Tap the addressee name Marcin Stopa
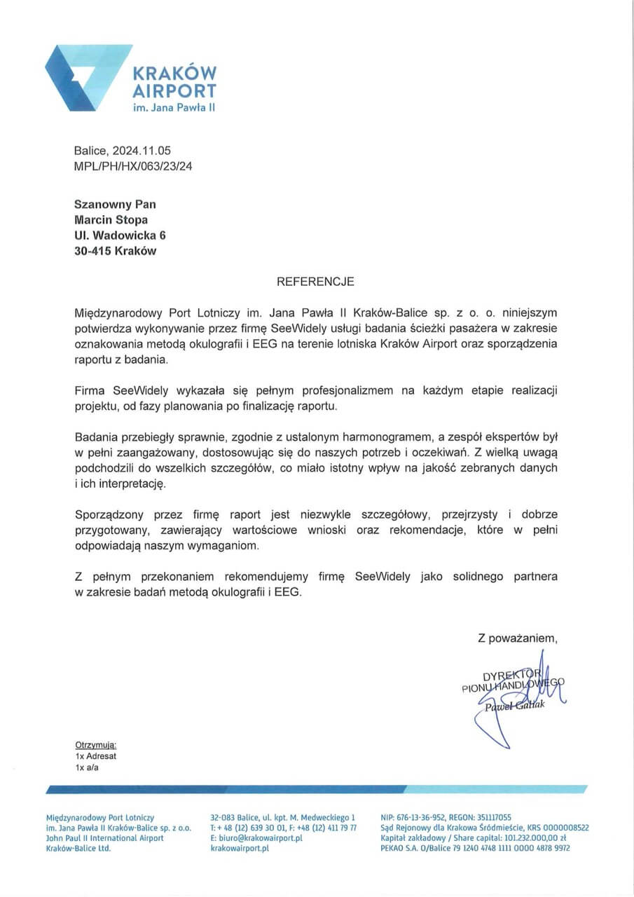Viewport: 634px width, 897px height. click(111, 220)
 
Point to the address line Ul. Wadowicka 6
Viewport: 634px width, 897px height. click(120, 235)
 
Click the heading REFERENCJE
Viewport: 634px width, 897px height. click(316, 282)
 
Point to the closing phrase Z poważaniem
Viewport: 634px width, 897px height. click(517, 638)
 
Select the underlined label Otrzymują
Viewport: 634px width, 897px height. click(95, 746)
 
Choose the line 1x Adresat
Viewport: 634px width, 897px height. click(96, 757)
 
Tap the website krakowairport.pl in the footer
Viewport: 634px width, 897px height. click(240, 848)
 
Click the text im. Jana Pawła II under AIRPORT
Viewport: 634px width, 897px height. click(174, 109)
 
